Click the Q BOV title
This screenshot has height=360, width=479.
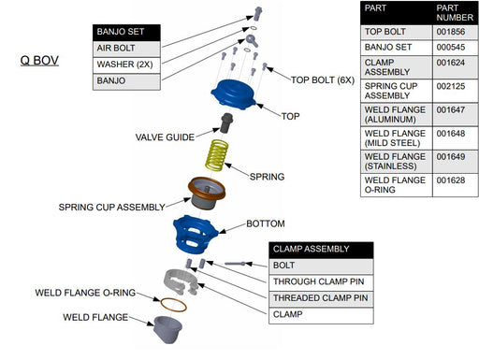tap(39, 61)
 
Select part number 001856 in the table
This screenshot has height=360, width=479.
tap(451, 32)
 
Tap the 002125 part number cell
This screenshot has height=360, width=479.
tap(451, 86)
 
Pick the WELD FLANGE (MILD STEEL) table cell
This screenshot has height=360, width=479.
tap(397, 138)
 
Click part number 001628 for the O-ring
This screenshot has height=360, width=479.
tap(451, 180)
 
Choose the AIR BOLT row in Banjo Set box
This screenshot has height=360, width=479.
tap(126, 49)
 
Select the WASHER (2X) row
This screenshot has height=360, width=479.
tap(126, 65)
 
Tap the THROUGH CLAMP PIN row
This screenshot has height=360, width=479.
tap(321, 282)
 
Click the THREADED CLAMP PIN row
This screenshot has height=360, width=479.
tap(321, 298)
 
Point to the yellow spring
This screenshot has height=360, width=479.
tap(216, 155)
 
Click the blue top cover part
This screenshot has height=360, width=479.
tap(233, 94)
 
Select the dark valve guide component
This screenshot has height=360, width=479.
tap(226, 122)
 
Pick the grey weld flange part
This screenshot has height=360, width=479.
tap(167, 329)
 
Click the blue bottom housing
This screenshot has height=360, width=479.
tap(195, 235)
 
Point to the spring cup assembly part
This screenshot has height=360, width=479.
tap(206, 194)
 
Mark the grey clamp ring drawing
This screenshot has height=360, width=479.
tap(181, 281)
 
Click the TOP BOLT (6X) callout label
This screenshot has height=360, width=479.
tap(323, 80)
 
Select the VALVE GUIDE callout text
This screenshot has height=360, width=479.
tap(165, 137)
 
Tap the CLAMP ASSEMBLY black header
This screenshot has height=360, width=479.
tap(321, 250)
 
